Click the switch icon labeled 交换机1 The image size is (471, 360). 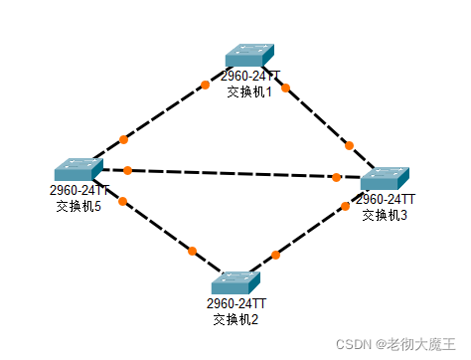249,57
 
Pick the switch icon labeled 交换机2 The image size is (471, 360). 235,282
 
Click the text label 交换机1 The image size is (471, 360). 249,90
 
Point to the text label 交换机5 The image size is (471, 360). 79,206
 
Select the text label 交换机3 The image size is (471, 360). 385,215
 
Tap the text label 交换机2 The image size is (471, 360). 235,319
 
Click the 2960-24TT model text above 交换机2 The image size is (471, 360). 236,303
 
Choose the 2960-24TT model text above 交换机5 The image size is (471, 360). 79,190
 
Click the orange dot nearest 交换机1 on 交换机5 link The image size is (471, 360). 206,85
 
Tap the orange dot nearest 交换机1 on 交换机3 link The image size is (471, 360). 285,88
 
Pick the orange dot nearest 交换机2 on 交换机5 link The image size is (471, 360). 192,251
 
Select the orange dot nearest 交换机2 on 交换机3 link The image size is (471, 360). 275,256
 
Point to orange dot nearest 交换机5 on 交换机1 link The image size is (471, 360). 123,139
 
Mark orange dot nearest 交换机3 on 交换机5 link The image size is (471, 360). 337,177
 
